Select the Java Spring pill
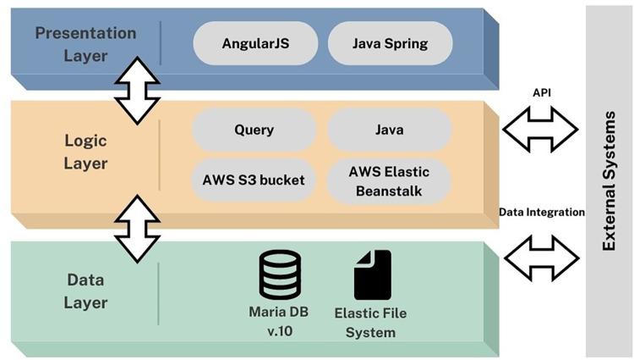tap(390, 43)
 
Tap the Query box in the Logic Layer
tap(254, 130)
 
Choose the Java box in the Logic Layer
tap(389, 130)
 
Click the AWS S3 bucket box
tap(254, 180)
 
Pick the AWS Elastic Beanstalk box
tap(389, 181)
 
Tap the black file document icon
tap(372, 274)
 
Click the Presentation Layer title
tap(85, 44)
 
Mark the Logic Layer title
tap(85, 150)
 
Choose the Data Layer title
tap(85, 291)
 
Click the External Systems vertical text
tap(609, 180)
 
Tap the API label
tap(541, 91)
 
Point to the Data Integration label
tap(541, 212)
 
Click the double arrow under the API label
tap(540, 130)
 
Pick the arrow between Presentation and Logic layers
tap(137, 91)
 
